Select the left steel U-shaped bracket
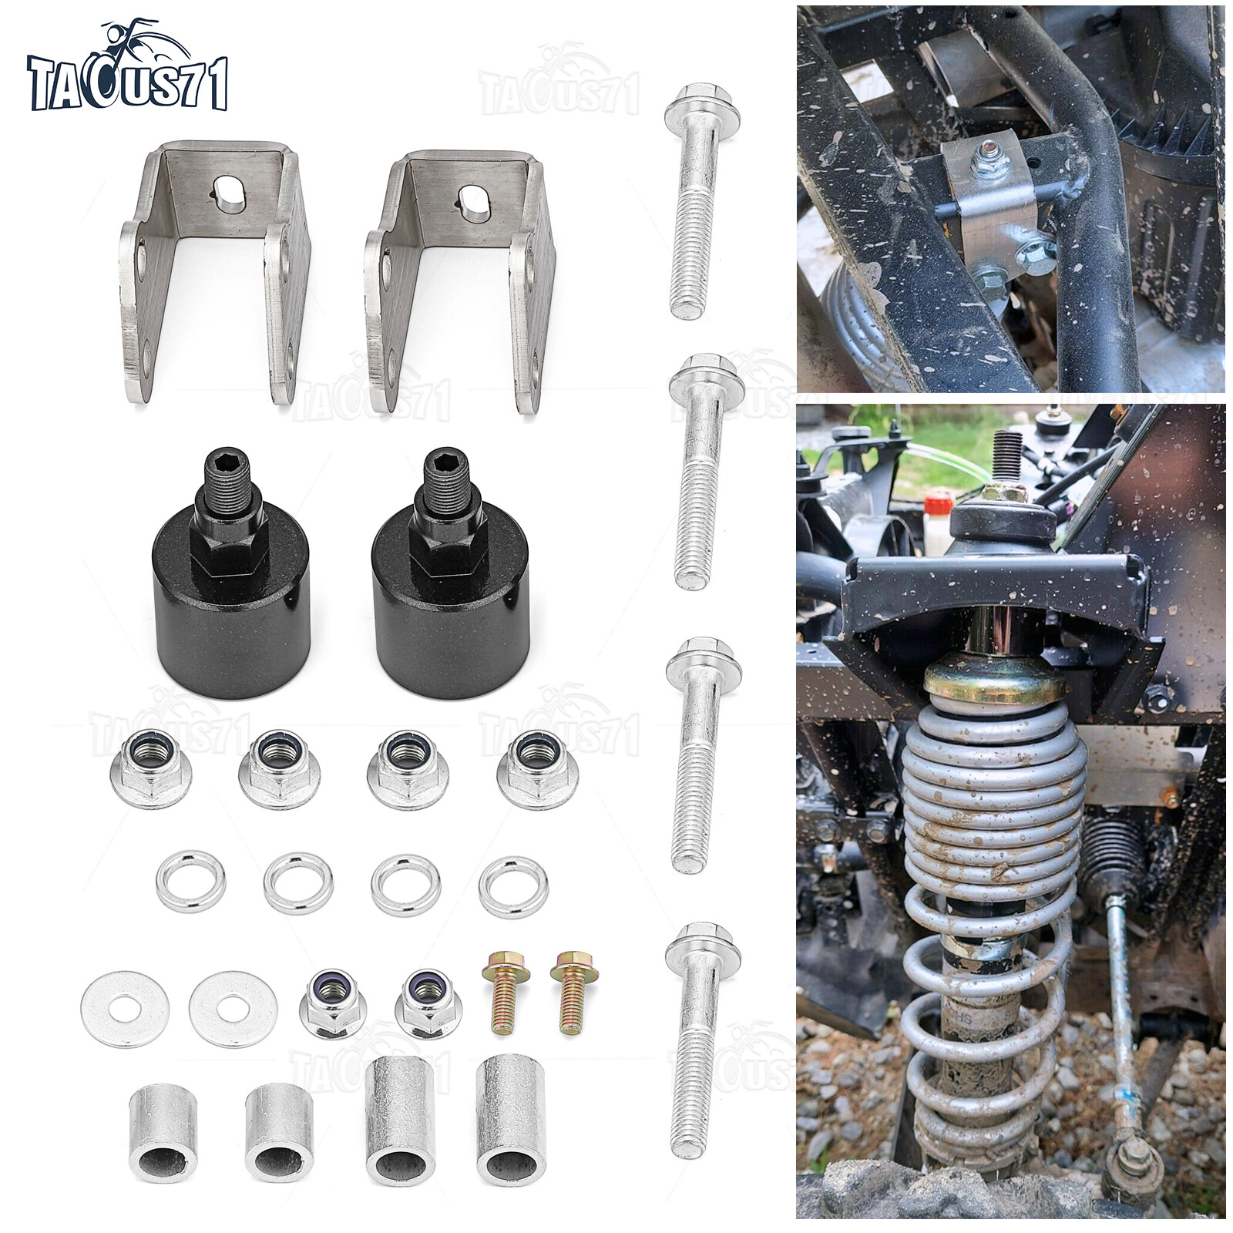point(215,270)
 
